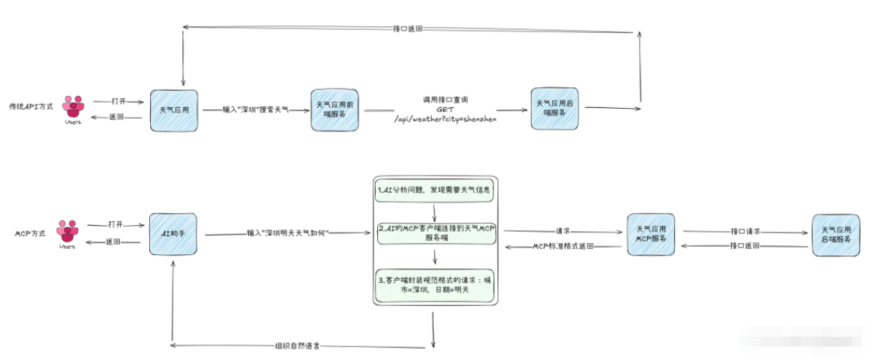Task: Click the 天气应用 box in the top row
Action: point(173,109)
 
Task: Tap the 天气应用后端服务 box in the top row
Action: point(555,107)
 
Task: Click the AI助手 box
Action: point(172,234)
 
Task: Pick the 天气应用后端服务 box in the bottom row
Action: point(835,235)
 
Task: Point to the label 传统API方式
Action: point(29,106)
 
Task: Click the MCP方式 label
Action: point(31,233)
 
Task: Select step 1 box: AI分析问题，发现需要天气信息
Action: point(435,191)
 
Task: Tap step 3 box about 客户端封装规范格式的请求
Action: point(435,285)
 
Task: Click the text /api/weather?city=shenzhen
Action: point(445,118)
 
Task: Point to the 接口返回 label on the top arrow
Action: point(407,28)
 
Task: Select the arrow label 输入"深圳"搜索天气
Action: point(255,109)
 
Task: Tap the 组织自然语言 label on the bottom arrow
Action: point(299,346)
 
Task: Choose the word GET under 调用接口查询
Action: point(445,109)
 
